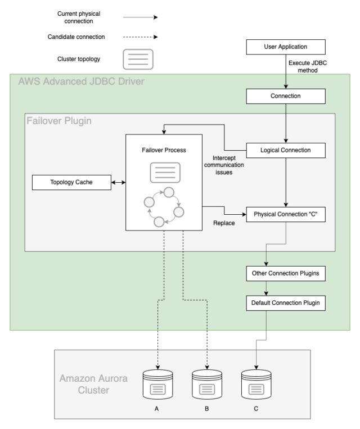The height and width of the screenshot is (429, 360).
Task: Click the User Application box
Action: [286, 47]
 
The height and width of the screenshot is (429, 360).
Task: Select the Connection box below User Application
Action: [286, 96]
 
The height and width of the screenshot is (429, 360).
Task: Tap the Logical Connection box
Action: [286, 150]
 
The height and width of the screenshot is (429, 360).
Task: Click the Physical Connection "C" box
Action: [286, 214]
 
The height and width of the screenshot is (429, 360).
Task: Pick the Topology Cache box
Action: [71, 182]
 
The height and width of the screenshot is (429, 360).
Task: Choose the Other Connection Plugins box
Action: [286, 273]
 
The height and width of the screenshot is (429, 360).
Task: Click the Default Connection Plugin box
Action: [286, 303]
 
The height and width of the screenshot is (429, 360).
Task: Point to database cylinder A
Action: [157, 385]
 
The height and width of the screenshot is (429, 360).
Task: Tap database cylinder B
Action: [207, 385]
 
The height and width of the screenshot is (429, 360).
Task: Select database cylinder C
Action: [256, 385]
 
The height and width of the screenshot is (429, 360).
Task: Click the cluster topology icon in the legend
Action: [138, 59]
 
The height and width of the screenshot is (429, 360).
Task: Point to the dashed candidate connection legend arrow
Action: [141, 37]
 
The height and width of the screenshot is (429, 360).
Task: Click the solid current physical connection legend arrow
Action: [141, 17]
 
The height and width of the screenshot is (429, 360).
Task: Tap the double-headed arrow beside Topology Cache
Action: [119, 182]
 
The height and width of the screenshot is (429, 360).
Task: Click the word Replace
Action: [224, 223]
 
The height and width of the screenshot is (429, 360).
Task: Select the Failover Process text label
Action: [164, 150]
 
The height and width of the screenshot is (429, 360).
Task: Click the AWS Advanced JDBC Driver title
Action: [82, 82]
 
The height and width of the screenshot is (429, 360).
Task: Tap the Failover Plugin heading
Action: [59, 121]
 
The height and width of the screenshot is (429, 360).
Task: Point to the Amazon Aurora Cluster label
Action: [93, 384]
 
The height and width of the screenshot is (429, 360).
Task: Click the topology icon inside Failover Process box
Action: [165, 173]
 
